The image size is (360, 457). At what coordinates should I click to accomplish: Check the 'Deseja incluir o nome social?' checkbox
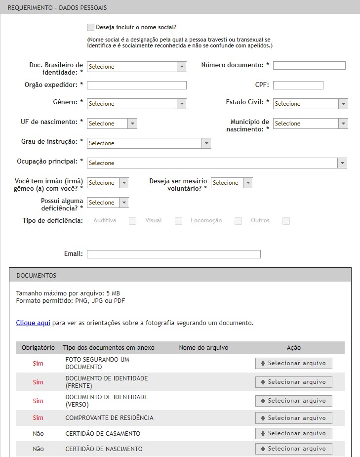pyautogui.click(x=90, y=28)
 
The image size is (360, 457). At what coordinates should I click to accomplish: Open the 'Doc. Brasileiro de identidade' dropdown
pyautogui.click(x=136, y=67)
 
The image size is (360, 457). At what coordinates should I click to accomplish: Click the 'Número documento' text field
pyautogui.click(x=309, y=66)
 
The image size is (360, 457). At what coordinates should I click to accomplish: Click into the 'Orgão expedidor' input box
pyautogui.click(x=137, y=85)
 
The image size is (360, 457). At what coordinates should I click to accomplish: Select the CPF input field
pyautogui.click(x=298, y=85)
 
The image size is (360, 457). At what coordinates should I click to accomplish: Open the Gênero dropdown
pyautogui.click(x=136, y=104)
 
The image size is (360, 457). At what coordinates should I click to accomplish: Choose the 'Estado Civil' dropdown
pyautogui.click(x=310, y=104)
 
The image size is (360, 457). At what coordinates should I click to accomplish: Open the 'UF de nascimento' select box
pyautogui.click(x=112, y=124)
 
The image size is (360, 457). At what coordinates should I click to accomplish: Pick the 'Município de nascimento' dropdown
pyautogui.click(x=310, y=124)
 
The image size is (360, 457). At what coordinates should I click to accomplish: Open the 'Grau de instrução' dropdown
pyautogui.click(x=149, y=143)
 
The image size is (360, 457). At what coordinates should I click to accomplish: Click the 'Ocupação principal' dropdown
pyautogui.click(x=217, y=163)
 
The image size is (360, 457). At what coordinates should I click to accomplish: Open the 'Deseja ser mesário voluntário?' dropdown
pyautogui.click(x=232, y=183)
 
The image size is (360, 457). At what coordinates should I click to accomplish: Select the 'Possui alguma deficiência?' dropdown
pyautogui.click(x=108, y=203)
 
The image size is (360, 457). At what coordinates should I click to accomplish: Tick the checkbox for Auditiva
pyautogui.click(x=132, y=221)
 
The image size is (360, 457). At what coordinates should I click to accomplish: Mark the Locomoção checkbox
pyautogui.click(x=238, y=221)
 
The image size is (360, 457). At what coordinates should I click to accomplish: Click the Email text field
pyautogui.click(x=173, y=254)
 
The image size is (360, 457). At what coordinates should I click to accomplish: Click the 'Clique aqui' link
pyautogui.click(x=33, y=323)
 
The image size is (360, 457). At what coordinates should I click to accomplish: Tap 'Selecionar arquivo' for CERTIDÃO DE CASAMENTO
pyautogui.click(x=293, y=433)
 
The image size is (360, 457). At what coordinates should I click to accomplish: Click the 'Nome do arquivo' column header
pyautogui.click(x=203, y=348)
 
